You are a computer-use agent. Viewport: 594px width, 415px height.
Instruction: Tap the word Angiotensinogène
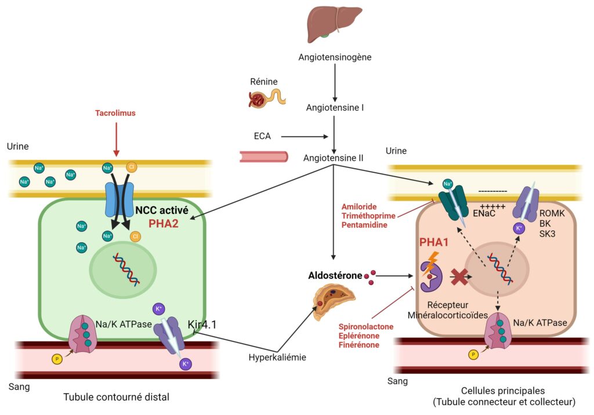[335, 57]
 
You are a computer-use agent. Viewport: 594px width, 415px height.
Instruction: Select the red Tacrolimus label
[115, 113]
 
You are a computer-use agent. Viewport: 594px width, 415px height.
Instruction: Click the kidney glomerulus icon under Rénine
[257, 100]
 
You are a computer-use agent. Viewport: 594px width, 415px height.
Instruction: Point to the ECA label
[262, 137]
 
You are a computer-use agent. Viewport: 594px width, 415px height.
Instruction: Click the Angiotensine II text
[335, 158]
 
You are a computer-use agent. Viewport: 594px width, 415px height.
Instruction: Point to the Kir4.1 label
[202, 325]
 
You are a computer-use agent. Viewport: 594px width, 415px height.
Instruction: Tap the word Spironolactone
[366, 326]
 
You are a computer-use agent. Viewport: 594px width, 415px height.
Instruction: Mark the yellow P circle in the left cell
[57, 359]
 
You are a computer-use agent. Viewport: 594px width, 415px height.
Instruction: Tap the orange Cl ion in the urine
[132, 168]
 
